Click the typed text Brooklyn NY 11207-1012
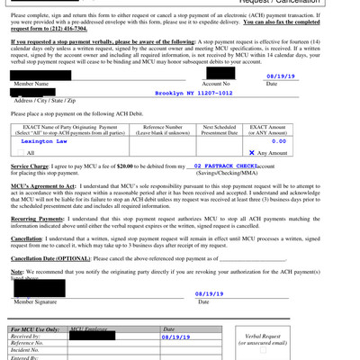[x=193, y=93]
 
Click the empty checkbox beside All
[x=20, y=154]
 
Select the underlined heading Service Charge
[x=31, y=166]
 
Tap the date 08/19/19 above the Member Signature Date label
[x=209, y=293]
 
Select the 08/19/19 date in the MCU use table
[x=176, y=337]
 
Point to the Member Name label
[x=32, y=83]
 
